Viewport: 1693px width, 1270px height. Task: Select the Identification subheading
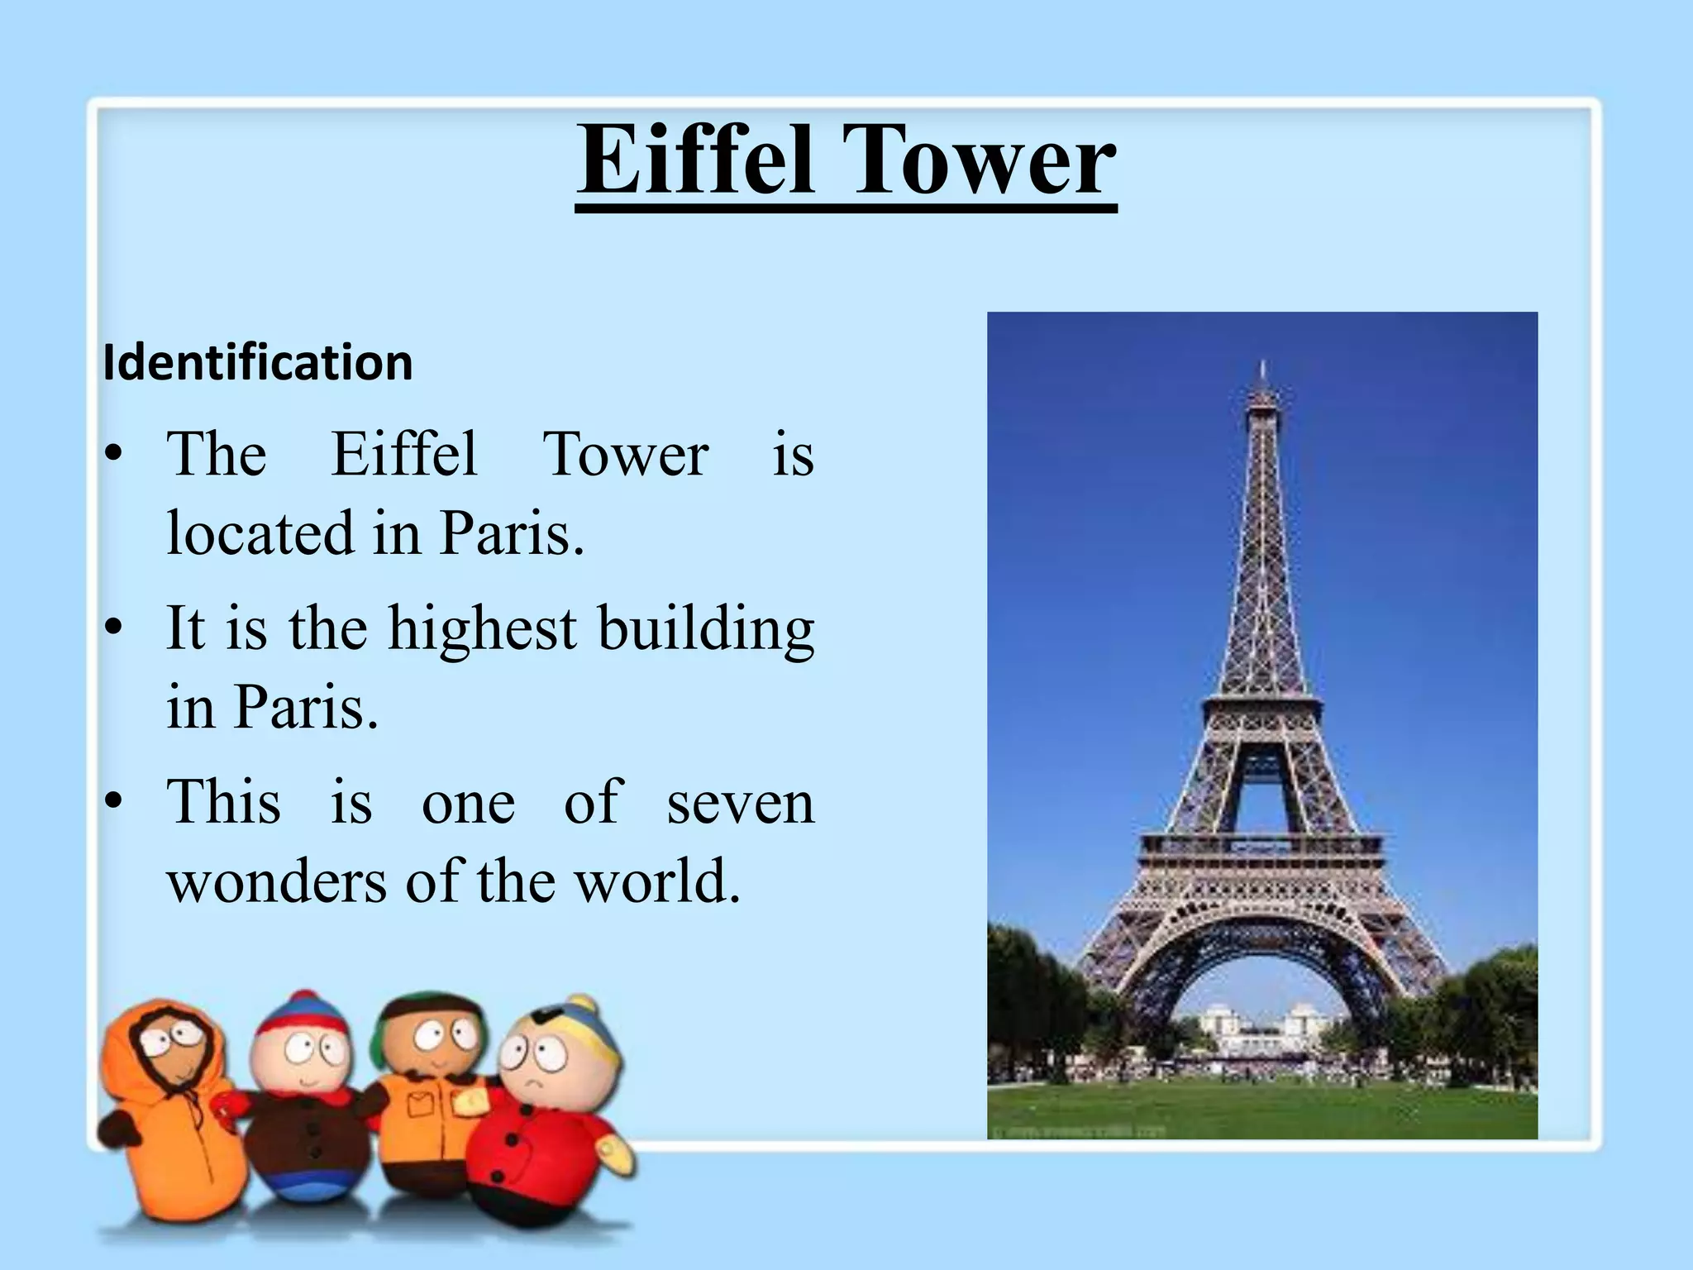tap(258, 363)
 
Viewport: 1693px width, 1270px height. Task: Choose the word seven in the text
tap(740, 803)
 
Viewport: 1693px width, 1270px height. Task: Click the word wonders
tap(276, 881)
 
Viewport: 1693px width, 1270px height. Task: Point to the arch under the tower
tap(1262, 992)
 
